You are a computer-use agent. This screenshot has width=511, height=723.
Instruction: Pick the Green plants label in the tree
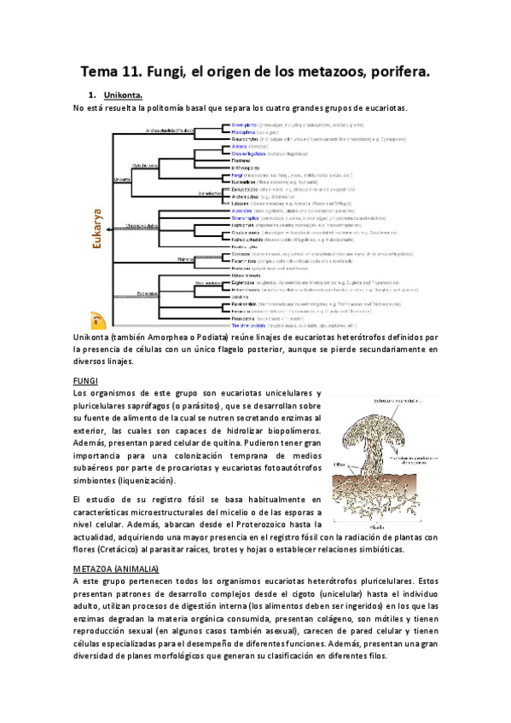[244, 125]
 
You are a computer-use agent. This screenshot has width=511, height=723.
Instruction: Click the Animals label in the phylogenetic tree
[239, 147]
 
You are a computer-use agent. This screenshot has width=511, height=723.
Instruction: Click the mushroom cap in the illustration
[375, 418]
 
